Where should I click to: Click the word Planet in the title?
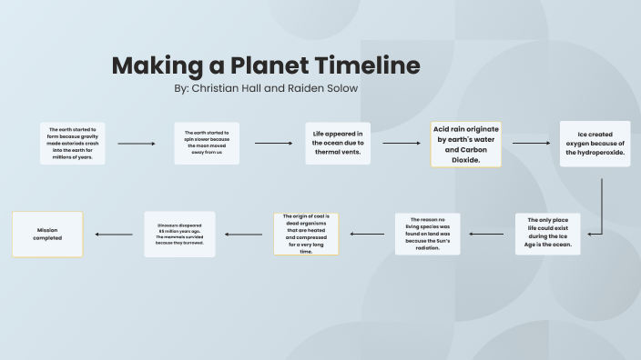270,66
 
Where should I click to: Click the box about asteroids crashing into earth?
73,143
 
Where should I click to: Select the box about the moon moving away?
207,143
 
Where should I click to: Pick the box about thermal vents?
338,143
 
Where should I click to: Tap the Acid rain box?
466,144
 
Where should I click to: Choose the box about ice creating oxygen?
595,144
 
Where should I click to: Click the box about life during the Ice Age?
547,234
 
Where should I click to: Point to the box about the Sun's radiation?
428,234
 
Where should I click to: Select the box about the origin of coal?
306,234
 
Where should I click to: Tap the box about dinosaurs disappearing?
179,234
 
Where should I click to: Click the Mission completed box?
47,234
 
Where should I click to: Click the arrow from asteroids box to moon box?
137,144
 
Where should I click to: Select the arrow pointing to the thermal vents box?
273,143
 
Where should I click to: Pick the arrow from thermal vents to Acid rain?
401,143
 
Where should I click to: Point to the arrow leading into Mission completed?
114,235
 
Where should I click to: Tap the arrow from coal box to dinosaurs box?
243,235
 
